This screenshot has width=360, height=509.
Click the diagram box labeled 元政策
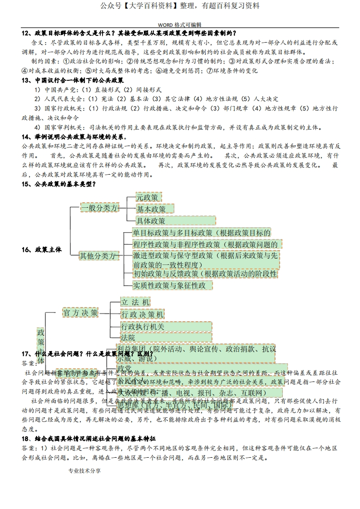click(149, 197)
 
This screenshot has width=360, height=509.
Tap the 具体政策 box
click(175, 220)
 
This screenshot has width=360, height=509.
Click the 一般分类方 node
click(99, 208)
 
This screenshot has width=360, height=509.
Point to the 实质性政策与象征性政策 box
click(173, 285)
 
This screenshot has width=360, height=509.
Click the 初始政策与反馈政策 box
click(205, 274)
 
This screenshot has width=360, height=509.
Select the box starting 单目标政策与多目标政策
click(202, 233)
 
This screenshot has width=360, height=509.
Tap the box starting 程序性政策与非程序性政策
click(205, 245)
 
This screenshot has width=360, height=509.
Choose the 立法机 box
click(135, 302)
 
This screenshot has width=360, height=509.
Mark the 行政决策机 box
click(142, 314)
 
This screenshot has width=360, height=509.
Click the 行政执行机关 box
click(166, 326)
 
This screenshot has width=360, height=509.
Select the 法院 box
click(166, 338)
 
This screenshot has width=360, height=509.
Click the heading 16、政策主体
click(42, 250)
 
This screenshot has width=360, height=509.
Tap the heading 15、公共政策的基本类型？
click(59, 184)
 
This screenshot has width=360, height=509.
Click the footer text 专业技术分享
click(84, 471)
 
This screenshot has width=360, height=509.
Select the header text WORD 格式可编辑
click(180, 25)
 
